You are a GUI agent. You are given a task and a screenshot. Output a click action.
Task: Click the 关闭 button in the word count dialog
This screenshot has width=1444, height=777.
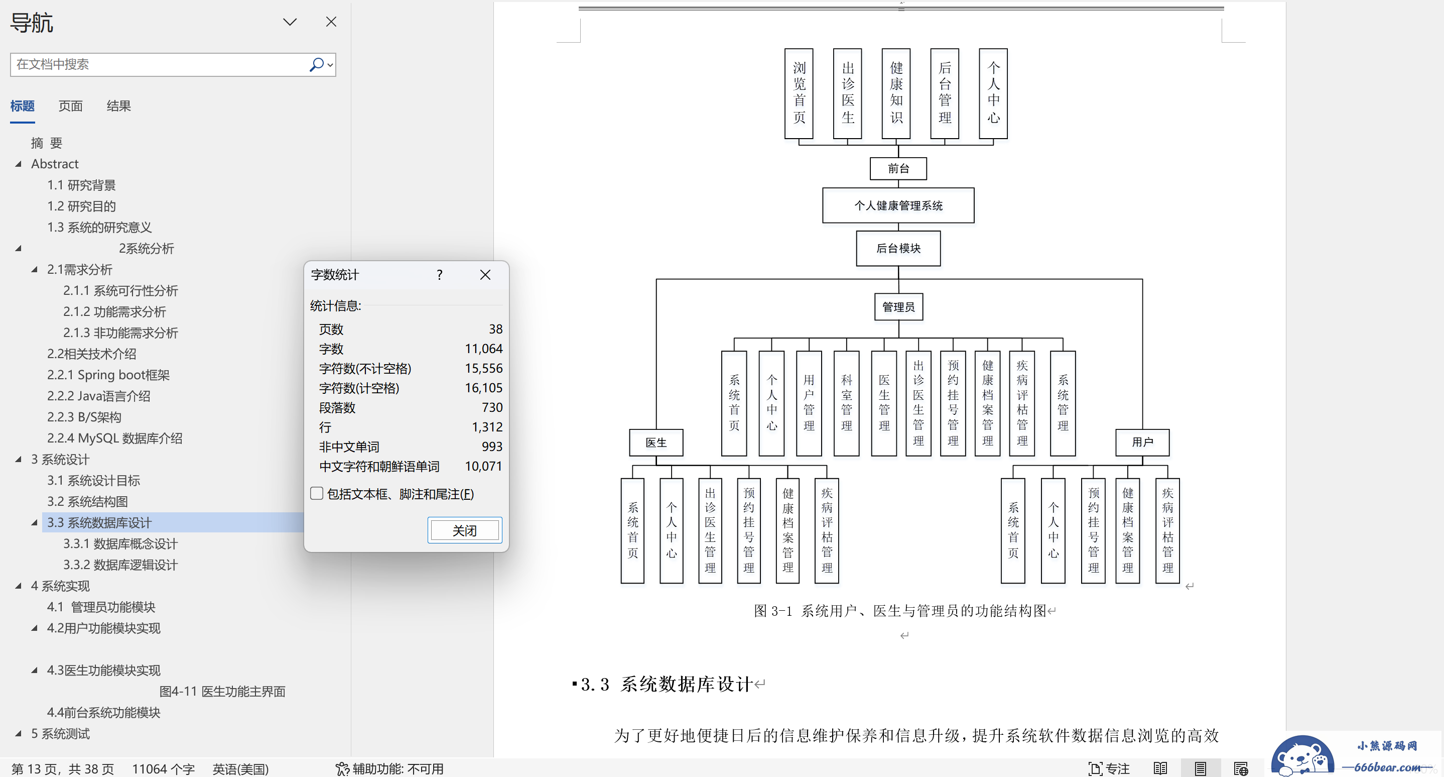[465, 530]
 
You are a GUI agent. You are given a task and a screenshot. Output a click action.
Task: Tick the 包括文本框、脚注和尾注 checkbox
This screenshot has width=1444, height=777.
[317, 494]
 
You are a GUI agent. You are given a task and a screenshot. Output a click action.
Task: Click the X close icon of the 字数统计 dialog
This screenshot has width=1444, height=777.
[485, 274]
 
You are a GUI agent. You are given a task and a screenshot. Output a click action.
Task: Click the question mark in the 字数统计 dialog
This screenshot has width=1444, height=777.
[440, 274]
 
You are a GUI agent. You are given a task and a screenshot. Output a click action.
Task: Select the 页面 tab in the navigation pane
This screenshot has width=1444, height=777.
[71, 106]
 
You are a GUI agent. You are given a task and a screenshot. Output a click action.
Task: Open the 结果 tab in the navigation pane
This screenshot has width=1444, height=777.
[119, 106]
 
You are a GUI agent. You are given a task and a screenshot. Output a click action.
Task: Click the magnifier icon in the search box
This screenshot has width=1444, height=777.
[317, 64]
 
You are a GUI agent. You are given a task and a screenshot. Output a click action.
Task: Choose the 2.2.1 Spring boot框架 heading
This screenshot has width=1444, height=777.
[108, 375]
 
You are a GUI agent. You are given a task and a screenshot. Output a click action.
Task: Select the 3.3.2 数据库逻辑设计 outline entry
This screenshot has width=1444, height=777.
[120, 565]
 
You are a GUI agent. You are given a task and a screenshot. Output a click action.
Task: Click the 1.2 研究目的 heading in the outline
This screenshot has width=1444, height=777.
[81, 206]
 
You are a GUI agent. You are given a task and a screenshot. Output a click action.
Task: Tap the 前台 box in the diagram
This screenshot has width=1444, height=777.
[898, 168]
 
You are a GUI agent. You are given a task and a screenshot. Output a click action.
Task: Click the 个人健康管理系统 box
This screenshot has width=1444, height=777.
[898, 205]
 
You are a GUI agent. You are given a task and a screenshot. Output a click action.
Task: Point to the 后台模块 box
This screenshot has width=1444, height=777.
[898, 248]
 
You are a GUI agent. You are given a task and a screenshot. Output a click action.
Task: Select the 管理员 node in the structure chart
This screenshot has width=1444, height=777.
[898, 307]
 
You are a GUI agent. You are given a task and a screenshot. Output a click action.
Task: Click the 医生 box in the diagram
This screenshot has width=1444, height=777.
[656, 442]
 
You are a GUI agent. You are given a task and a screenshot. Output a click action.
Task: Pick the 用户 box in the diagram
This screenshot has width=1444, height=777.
[1142, 442]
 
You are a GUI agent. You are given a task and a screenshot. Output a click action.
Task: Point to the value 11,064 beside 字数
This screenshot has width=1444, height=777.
[483, 349]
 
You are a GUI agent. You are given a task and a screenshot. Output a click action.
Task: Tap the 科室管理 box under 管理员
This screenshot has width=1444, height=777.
[846, 403]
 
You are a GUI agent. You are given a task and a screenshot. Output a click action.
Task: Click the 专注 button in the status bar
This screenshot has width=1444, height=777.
[1109, 768]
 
